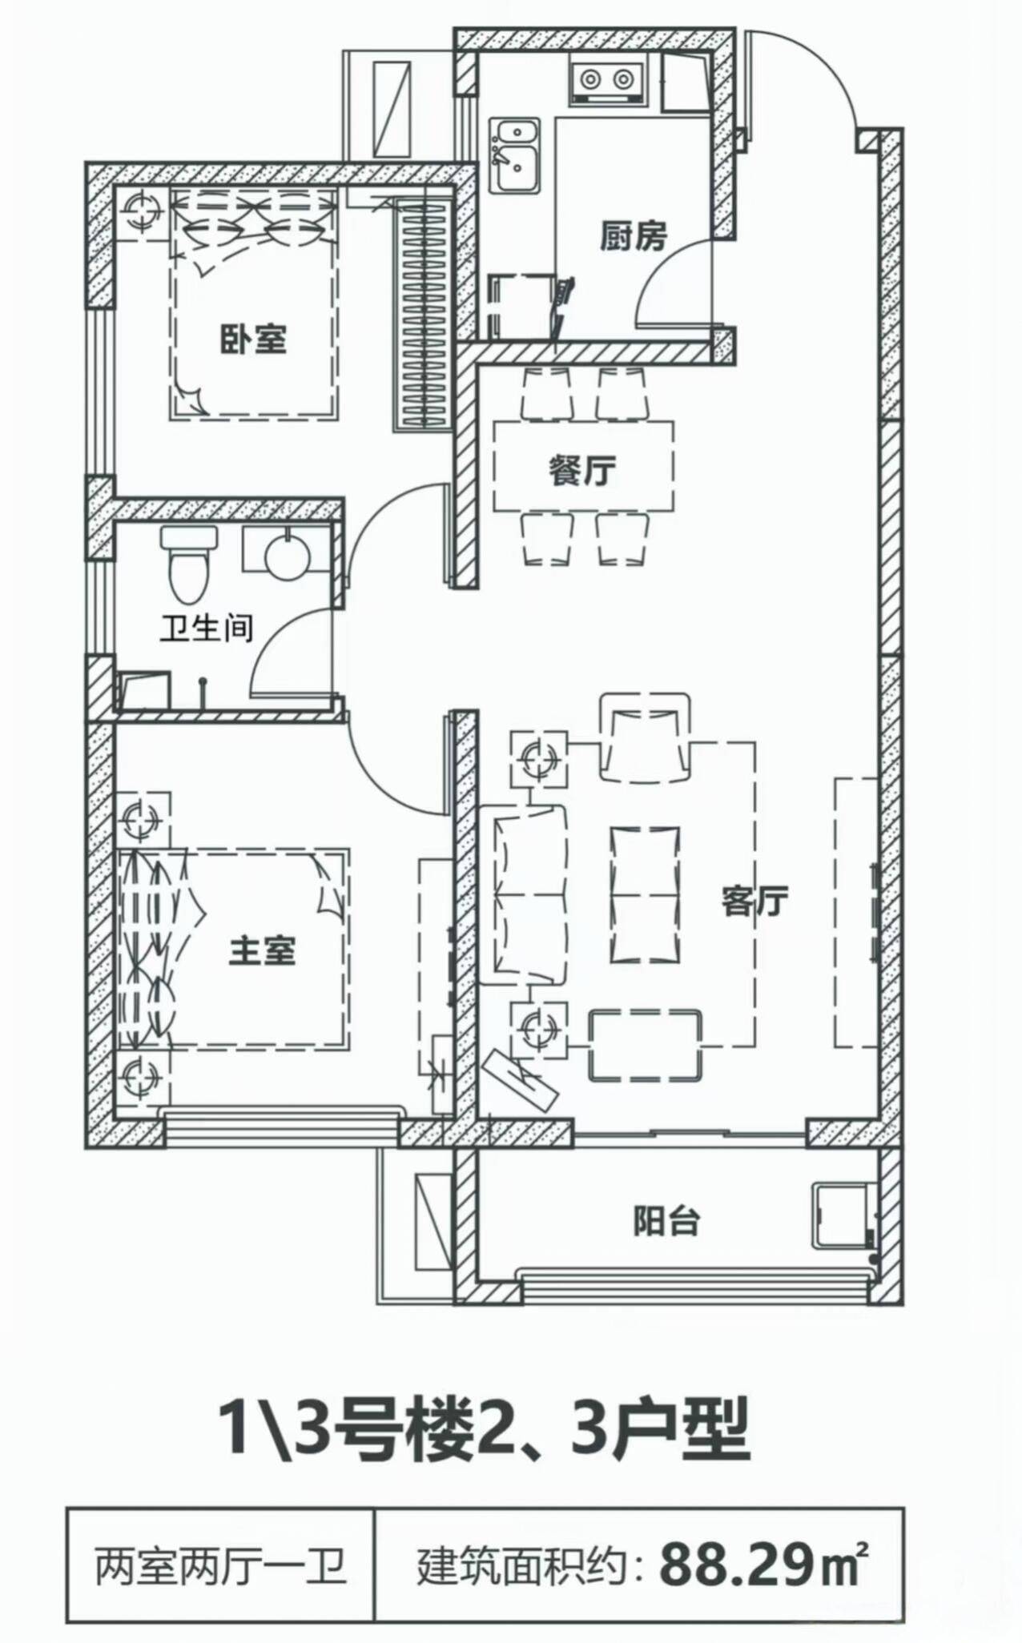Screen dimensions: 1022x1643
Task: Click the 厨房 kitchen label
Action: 633,236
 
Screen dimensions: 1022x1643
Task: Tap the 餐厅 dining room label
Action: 582,471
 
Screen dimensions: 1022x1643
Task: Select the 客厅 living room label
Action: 754,901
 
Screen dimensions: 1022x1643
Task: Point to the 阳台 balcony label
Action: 666,1221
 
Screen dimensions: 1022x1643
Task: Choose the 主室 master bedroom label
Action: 262,950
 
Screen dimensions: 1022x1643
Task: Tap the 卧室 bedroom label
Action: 253,339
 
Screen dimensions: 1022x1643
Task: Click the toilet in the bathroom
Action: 188,564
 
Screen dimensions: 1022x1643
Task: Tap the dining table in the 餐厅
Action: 583,467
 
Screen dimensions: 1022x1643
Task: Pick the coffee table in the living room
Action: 645,894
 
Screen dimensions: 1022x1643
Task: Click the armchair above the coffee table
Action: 645,737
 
